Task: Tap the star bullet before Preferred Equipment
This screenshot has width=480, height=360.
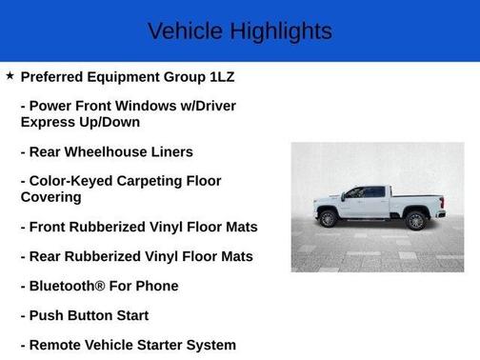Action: [x=10, y=74]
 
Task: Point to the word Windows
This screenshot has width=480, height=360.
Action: [x=151, y=106]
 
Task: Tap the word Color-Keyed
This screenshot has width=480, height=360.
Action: [x=72, y=181]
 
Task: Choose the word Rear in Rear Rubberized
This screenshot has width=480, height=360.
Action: [x=49, y=256]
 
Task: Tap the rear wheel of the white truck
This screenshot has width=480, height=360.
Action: [x=415, y=221]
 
